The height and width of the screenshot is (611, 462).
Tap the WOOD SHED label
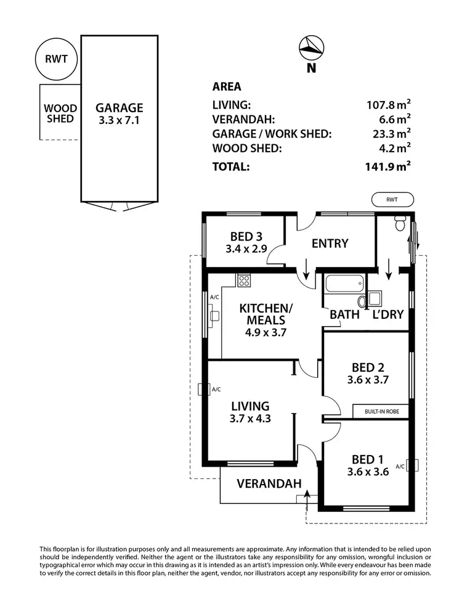(x=60, y=113)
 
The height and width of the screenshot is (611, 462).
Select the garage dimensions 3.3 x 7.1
(x=120, y=121)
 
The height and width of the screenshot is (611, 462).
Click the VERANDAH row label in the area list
(x=243, y=119)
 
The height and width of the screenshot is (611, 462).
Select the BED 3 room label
(x=246, y=236)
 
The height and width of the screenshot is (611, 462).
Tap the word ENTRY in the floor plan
(x=330, y=244)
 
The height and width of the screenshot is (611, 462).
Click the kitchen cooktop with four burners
(x=244, y=281)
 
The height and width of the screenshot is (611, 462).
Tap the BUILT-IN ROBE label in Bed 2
(x=380, y=411)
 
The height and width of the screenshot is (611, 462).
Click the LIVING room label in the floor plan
(x=250, y=406)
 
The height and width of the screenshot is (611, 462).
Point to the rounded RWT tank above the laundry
(x=392, y=199)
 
